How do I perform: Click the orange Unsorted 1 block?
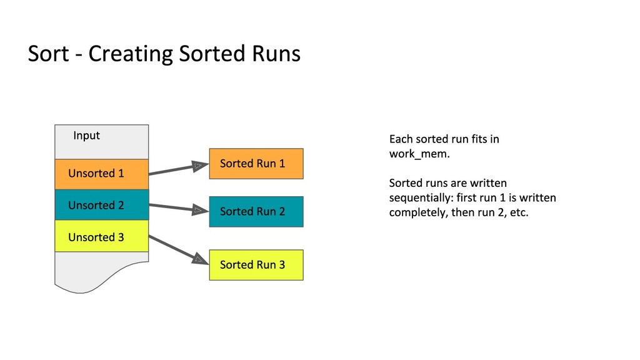[x=102, y=174]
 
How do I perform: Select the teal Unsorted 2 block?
[x=102, y=205]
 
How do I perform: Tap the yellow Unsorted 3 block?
[x=102, y=236]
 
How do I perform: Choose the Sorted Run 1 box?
[x=256, y=164]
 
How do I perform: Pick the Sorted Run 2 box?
[x=256, y=211]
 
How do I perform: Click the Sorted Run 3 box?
[x=256, y=265]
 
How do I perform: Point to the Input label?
[x=86, y=136]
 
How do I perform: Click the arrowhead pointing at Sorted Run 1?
[x=200, y=166]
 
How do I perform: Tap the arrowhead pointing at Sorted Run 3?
[x=200, y=259]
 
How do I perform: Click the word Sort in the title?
[x=49, y=54]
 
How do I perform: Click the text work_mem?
[x=419, y=154]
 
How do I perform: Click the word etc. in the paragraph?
[x=519, y=212]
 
